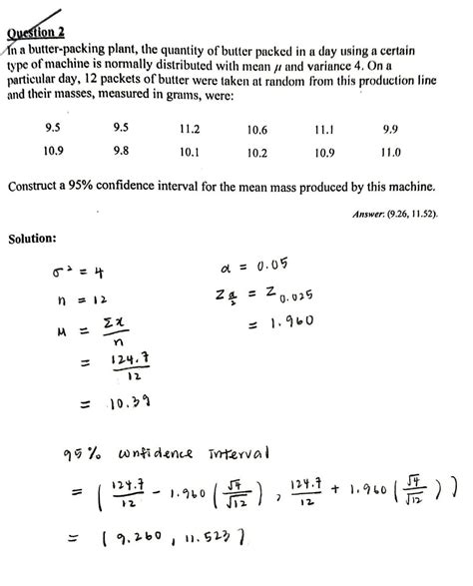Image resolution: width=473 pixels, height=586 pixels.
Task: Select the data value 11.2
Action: [x=190, y=130]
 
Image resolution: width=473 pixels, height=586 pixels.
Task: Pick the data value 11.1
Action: [x=323, y=131]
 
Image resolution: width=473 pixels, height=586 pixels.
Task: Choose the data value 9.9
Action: [x=391, y=130]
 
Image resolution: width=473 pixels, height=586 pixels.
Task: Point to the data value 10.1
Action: [x=190, y=153]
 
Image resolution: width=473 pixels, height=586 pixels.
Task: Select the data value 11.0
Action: [x=391, y=153]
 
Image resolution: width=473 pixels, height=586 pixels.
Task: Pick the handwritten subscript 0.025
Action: [x=296, y=298]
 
